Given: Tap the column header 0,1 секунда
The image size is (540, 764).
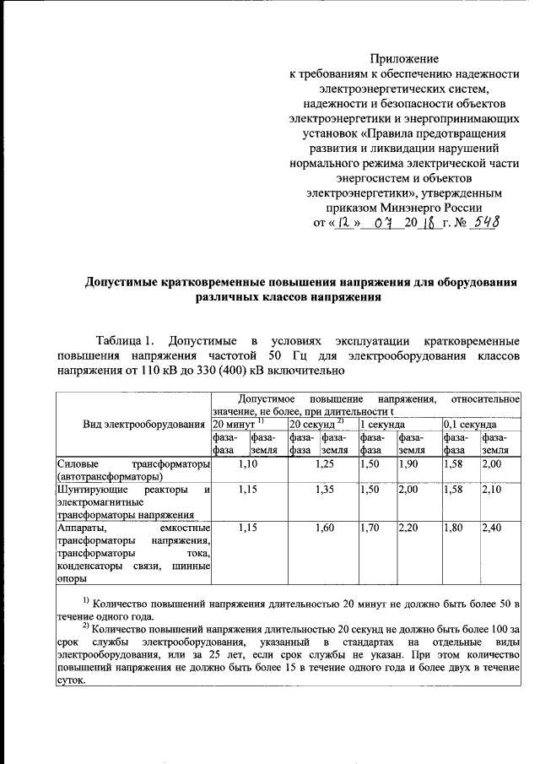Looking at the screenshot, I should [x=470, y=423].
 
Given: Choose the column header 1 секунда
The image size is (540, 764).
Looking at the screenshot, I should [x=381, y=423].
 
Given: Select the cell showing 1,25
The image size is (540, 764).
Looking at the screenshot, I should [x=323, y=464].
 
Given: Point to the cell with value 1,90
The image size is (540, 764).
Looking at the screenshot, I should [x=407, y=464].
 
